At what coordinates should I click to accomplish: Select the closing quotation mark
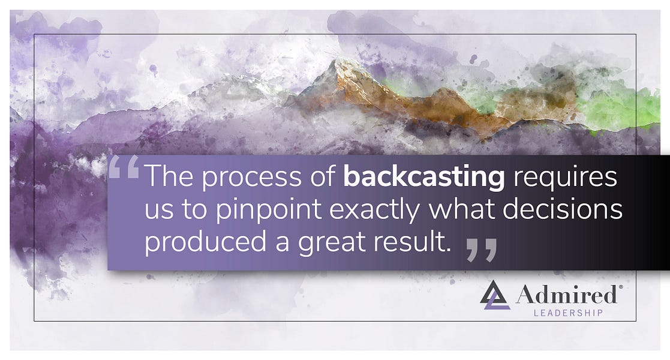pos(481,250)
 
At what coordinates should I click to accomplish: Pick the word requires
pos(563,178)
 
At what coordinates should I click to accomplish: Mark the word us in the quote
pos(158,211)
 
